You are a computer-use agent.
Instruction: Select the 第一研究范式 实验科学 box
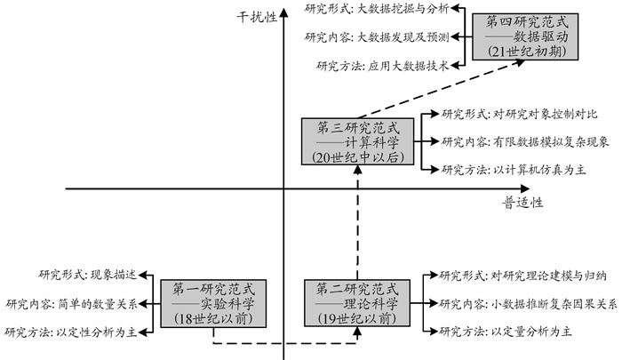(x=211, y=303)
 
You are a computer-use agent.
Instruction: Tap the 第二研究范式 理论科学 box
(x=355, y=303)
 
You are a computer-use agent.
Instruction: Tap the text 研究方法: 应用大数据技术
(x=381, y=65)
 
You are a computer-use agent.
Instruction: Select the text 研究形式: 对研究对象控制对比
(x=519, y=115)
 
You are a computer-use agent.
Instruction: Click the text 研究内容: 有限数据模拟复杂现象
(x=524, y=141)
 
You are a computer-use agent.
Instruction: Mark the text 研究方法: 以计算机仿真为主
(x=513, y=169)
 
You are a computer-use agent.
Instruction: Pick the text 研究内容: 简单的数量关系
(x=72, y=304)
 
